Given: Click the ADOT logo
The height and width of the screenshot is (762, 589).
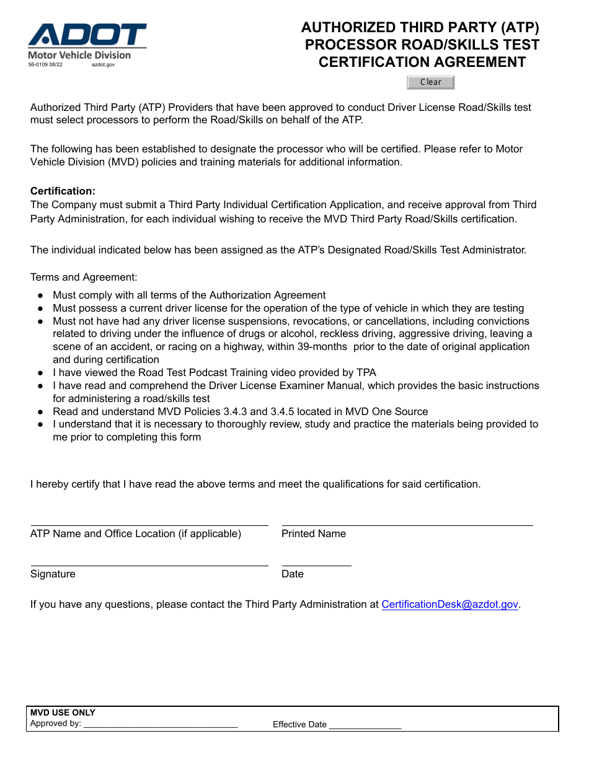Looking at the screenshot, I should pos(87,35).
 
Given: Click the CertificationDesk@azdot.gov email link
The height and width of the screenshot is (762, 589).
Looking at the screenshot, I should pos(449,605).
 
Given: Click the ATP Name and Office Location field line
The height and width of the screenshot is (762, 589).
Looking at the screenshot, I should pos(149,524).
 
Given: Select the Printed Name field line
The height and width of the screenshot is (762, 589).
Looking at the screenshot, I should pos(407,524).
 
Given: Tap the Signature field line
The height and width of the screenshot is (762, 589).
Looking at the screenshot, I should pos(149,564).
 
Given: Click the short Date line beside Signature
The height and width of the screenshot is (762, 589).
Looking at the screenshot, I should pos(316,564).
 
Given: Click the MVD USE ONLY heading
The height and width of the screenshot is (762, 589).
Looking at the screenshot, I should pos(63,712).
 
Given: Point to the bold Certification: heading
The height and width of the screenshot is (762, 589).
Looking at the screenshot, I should pos(63,191).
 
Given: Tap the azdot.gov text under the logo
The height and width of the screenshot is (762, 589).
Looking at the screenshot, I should pos(103,64).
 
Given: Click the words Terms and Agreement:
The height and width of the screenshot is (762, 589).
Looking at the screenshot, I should pos(84,278).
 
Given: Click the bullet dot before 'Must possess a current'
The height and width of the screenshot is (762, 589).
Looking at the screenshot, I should pos(40,309).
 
